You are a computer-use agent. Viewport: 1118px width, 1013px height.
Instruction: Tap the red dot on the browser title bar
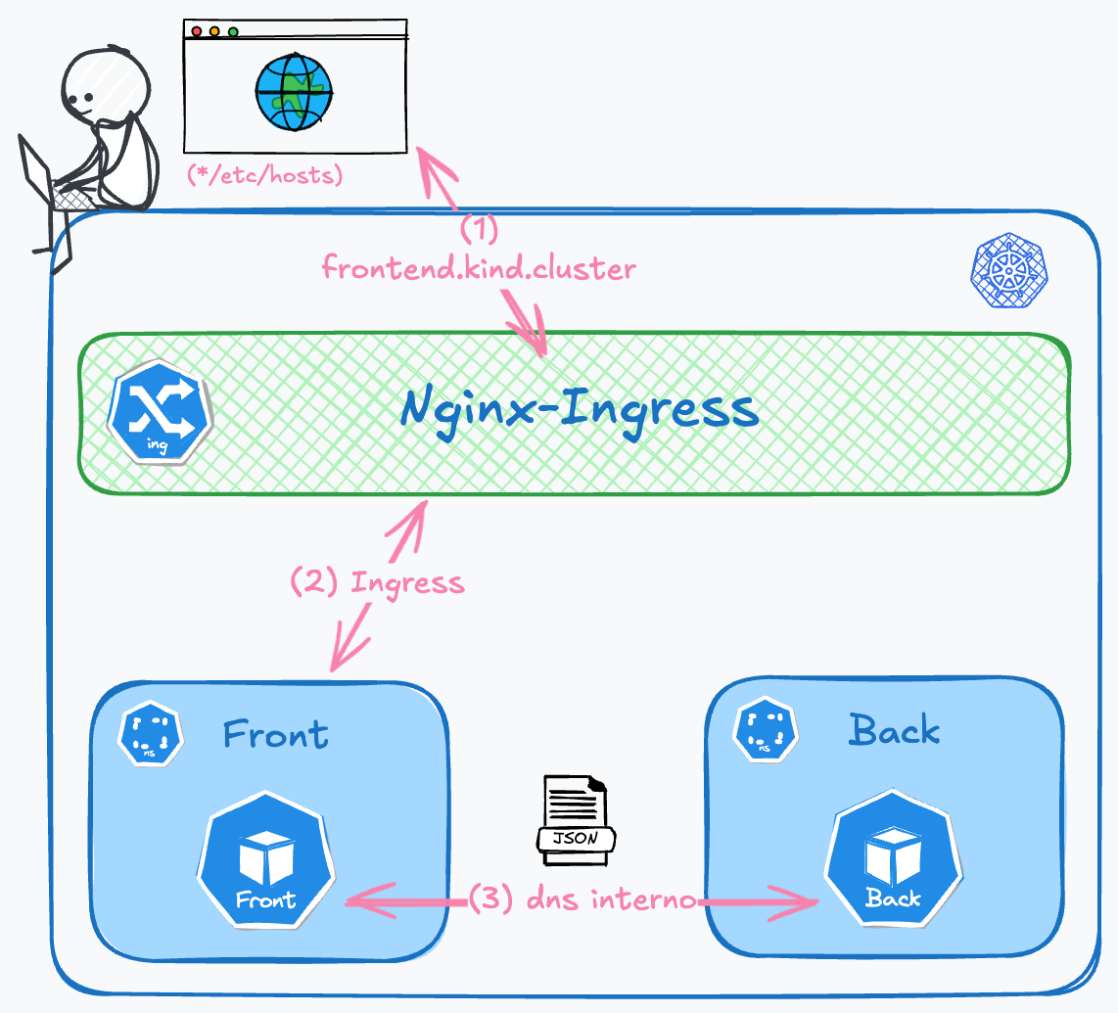(x=196, y=31)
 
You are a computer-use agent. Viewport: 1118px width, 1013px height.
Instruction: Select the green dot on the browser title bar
(x=233, y=31)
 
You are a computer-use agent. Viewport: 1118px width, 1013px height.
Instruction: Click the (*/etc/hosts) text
(x=264, y=177)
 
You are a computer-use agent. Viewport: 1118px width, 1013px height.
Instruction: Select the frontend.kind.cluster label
(x=479, y=267)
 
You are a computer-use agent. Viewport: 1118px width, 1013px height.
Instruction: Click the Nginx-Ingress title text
(x=580, y=410)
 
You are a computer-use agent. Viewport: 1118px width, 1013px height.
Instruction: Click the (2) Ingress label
(x=377, y=582)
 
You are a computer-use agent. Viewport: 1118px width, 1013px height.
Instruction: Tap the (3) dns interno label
(x=583, y=898)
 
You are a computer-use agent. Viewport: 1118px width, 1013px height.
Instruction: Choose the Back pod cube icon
(x=892, y=862)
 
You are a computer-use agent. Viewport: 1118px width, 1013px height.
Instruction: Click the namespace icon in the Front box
(x=151, y=732)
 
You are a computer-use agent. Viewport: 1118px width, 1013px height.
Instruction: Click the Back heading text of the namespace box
(x=894, y=730)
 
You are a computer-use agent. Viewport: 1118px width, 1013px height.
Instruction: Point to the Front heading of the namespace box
(x=275, y=733)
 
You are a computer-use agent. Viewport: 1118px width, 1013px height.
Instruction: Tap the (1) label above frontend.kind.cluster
(x=479, y=229)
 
